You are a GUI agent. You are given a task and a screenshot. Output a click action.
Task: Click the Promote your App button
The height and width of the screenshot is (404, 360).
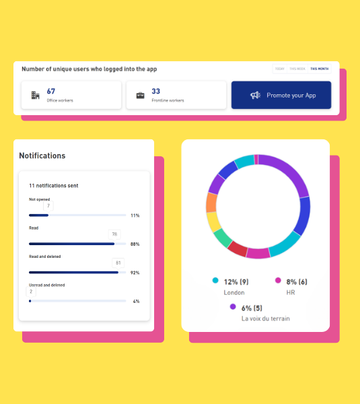point(281,95)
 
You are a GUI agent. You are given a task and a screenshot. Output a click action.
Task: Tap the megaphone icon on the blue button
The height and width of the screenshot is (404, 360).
point(255,95)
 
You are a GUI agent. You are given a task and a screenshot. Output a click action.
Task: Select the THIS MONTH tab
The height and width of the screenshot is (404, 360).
point(319,69)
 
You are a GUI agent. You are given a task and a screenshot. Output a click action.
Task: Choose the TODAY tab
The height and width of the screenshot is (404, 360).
point(279,69)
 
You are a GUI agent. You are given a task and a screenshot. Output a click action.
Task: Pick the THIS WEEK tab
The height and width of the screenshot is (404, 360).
point(297,69)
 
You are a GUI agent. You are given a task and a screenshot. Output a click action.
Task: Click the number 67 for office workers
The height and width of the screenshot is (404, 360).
point(51,91)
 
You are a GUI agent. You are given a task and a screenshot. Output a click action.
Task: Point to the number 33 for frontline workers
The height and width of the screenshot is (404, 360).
point(155,91)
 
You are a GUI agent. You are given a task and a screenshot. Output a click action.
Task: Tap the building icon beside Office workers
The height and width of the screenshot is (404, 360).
point(35,95)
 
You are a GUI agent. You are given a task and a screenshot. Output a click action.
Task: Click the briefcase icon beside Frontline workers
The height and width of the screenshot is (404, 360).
point(140,95)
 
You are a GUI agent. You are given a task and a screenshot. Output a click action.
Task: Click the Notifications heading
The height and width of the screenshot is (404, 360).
point(42,156)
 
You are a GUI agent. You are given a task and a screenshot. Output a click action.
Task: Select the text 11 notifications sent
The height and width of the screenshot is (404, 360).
point(53,184)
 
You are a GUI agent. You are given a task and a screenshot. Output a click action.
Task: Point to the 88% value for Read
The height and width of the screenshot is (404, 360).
point(135,244)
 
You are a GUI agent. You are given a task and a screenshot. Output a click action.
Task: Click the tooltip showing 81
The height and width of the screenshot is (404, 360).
point(118,263)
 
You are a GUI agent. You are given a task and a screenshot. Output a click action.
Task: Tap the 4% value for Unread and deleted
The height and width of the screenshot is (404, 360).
point(136,301)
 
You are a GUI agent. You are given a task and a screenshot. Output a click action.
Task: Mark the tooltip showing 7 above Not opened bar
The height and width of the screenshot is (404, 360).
point(48,205)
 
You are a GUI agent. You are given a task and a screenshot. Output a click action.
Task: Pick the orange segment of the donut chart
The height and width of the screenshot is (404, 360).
point(211,203)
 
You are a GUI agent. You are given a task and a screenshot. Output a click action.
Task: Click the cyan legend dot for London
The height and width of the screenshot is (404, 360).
point(215,280)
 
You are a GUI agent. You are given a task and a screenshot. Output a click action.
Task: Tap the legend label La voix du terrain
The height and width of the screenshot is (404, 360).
point(265,318)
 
